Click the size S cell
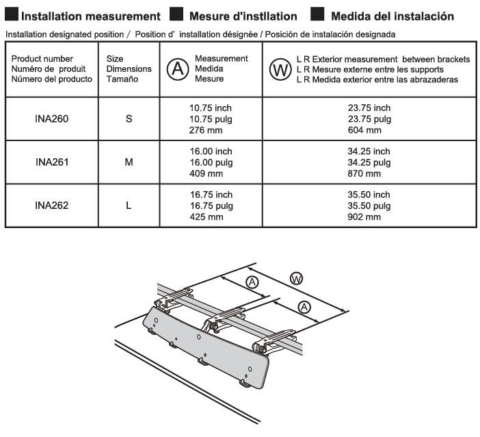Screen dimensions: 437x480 [x=129, y=118]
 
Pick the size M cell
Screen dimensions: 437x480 [x=129, y=163]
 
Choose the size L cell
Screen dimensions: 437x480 [x=129, y=206]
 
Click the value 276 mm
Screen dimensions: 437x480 [x=206, y=129]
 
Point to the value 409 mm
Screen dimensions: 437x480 [x=206, y=174]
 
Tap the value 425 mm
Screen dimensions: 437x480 [x=206, y=217]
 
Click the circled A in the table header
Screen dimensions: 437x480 [x=177, y=69]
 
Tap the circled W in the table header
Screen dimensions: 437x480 [x=280, y=70]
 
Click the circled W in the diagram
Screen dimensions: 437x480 [x=296, y=278]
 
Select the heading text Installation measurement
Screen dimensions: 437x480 [x=92, y=16]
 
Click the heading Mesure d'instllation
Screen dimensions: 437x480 [x=243, y=16]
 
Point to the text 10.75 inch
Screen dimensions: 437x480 [x=211, y=108]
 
